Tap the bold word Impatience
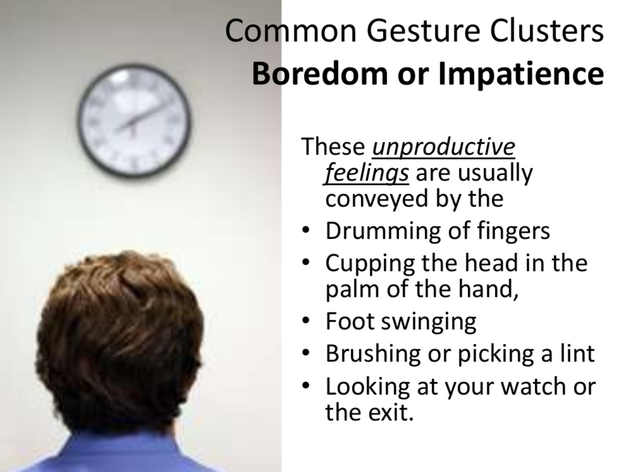521,75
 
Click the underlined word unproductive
443,147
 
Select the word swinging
429,323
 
